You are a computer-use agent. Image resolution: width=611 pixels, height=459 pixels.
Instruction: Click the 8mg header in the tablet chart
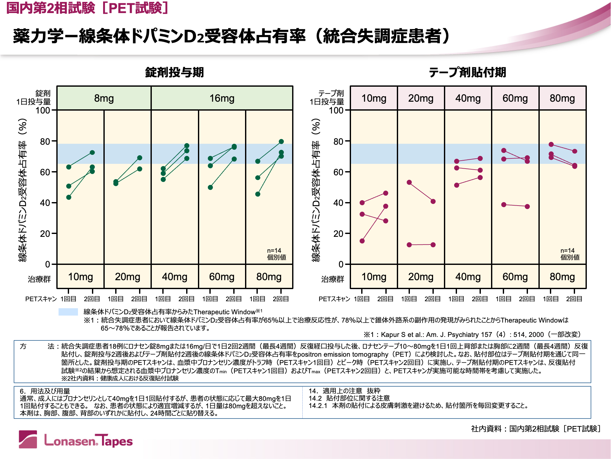click(104, 98)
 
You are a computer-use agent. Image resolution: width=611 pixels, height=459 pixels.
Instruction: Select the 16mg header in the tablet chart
click(222, 98)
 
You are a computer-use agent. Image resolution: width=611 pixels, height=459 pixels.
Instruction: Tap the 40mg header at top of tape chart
click(468, 98)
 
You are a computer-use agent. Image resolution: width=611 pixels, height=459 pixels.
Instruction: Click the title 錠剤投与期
click(174, 72)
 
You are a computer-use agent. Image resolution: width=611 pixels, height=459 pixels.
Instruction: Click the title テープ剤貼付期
click(467, 72)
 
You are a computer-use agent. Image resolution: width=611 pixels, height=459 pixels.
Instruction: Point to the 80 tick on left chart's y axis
click(45, 141)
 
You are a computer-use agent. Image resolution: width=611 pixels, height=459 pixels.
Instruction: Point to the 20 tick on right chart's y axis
click(338, 234)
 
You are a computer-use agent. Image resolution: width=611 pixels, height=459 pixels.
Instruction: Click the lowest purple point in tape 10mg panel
click(362, 241)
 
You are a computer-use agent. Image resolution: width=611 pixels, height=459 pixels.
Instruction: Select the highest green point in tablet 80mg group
click(281, 142)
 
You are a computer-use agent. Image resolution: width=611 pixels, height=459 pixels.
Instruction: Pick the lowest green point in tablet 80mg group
click(258, 194)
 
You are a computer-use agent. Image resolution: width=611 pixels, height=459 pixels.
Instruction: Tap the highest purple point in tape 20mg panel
click(409, 182)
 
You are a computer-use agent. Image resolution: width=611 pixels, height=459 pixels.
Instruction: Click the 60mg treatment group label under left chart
click(221, 277)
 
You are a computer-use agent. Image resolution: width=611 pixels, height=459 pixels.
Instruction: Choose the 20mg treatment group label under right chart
click(421, 277)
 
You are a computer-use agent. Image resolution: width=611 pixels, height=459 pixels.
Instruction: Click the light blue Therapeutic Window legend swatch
click(68, 312)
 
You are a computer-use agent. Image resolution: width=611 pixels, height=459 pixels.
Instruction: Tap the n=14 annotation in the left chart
click(274, 251)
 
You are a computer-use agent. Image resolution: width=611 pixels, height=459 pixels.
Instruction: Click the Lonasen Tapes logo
click(76, 440)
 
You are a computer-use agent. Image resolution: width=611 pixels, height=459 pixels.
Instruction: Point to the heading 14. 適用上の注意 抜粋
click(344, 391)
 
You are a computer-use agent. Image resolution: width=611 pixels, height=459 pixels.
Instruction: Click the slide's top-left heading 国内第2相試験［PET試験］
click(87, 8)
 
